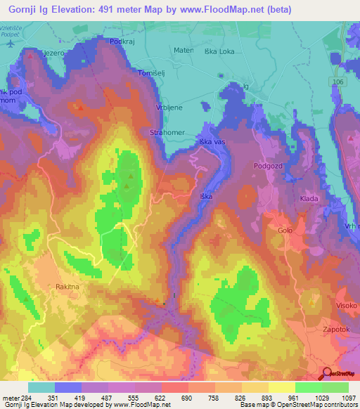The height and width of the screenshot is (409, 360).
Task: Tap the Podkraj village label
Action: point(122,41)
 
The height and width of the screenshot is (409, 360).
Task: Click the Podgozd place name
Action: point(267,166)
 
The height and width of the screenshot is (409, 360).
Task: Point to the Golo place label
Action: point(284,231)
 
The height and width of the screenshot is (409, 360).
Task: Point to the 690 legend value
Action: point(187,398)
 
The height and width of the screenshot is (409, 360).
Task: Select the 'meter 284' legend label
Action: point(16,398)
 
